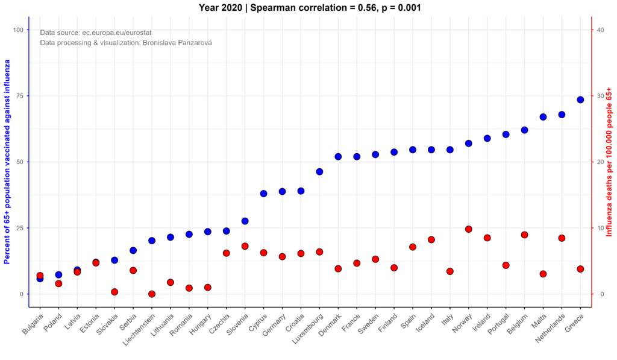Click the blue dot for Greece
[x=580, y=99]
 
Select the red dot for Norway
[x=468, y=229]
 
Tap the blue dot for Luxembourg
[x=319, y=172]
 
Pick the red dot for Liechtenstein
[x=152, y=294]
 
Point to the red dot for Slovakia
[x=114, y=292]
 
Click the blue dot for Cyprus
[x=264, y=194]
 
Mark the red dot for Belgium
[x=524, y=235]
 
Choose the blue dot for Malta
[x=543, y=117]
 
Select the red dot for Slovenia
[x=245, y=246]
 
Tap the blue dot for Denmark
[x=338, y=156]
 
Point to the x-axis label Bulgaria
[x=33, y=324]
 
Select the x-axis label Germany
[x=274, y=325]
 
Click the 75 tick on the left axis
[x=20, y=96]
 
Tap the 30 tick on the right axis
[x=601, y=96]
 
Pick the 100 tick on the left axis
[x=18, y=30]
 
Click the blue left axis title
[x=7, y=162]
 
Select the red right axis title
[x=609, y=162]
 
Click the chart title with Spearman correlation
[x=310, y=7]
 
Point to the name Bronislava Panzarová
[x=175, y=43]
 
